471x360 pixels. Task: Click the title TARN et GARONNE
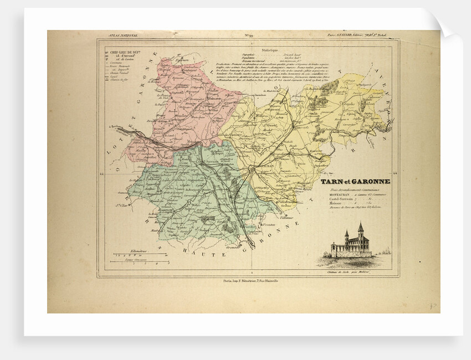[x=355, y=181]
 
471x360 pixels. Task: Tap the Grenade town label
[x=237, y=248]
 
